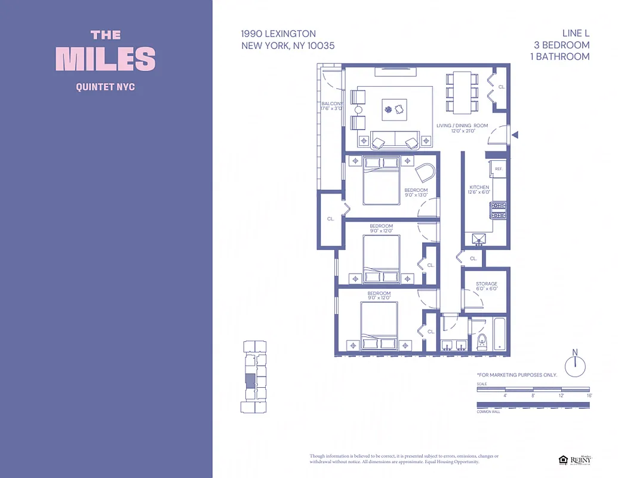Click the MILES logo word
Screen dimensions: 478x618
coord(106,59)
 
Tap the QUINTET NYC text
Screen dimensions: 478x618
coord(106,87)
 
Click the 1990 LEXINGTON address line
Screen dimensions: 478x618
coord(278,34)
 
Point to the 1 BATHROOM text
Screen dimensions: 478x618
coord(559,57)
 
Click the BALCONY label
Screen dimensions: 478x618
coord(332,104)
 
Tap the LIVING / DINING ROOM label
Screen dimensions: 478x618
coord(462,125)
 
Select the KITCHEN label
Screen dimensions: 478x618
coord(479,188)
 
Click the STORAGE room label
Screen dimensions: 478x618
coord(487,284)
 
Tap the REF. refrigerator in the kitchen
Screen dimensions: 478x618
coord(498,169)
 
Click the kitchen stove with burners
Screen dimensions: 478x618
coord(498,209)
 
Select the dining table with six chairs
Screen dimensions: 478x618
coord(462,93)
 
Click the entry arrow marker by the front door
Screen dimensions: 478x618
coord(515,136)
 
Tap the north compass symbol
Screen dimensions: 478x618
coord(575,365)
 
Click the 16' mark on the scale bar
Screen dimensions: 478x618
coord(589,396)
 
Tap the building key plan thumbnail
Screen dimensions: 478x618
coord(251,376)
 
